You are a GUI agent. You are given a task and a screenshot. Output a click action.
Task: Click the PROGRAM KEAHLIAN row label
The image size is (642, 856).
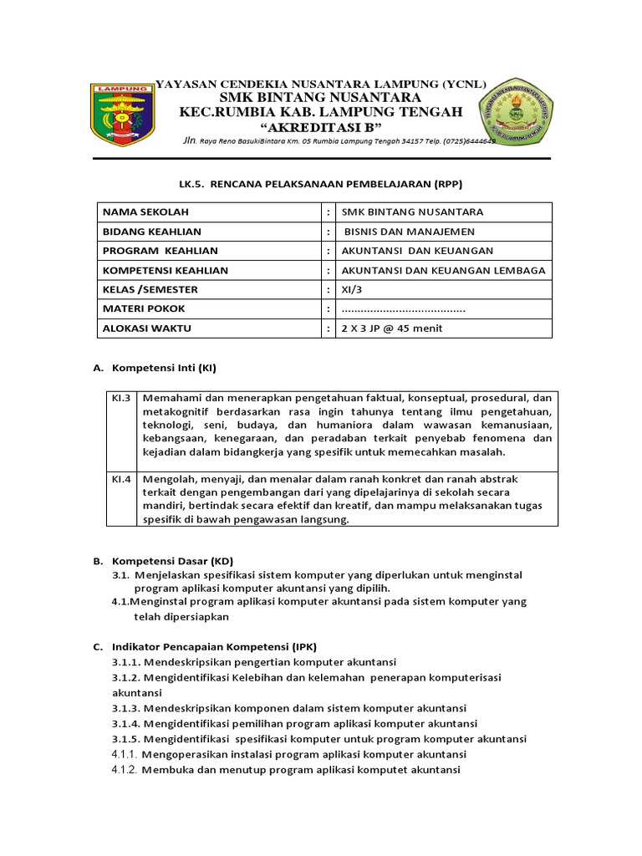pyautogui.click(x=160, y=251)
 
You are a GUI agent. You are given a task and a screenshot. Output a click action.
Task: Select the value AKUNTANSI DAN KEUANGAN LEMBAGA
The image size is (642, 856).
pyautogui.click(x=443, y=270)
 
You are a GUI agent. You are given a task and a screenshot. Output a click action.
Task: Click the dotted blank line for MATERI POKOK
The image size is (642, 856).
pyautogui.click(x=404, y=308)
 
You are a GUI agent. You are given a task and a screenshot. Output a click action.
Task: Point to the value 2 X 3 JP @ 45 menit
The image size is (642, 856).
pyautogui.click(x=392, y=328)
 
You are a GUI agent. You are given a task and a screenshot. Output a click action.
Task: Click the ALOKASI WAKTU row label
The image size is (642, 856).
pyautogui.click(x=146, y=328)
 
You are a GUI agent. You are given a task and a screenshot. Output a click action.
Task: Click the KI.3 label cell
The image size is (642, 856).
pyautogui.click(x=122, y=399)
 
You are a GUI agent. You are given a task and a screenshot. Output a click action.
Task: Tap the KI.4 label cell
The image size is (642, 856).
pyautogui.click(x=122, y=479)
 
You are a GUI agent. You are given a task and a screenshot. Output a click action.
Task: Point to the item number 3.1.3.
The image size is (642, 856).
pyautogui.click(x=125, y=708)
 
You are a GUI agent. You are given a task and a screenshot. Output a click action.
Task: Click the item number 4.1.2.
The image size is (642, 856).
pyautogui.click(x=125, y=770)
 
